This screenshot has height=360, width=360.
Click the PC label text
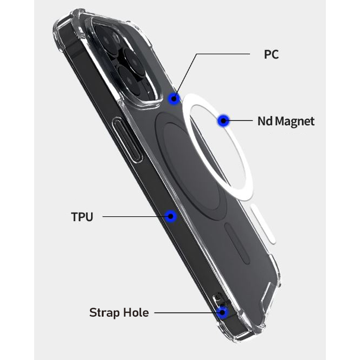click(x=272, y=54)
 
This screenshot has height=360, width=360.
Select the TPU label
click(x=82, y=217)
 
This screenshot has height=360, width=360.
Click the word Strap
click(x=105, y=313)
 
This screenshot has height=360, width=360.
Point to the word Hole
click(x=136, y=312)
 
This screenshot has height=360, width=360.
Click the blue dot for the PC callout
click(x=174, y=99)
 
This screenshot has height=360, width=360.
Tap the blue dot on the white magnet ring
click(x=223, y=120)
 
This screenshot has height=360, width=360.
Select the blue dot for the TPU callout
click(x=171, y=216)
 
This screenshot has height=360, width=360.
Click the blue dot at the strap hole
click(x=222, y=312)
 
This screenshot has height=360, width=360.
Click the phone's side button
click(x=127, y=139)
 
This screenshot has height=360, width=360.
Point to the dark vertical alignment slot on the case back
click(x=237, y=243)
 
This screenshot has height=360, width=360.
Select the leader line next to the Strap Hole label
click(x=188, y=312)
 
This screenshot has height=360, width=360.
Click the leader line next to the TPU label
click(x=137, y=216)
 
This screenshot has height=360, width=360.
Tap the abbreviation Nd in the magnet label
click(x=265, y=121)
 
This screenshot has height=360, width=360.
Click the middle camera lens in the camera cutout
click(x=133, y=60)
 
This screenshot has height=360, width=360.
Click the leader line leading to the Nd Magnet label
click(x=238, y=120)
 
